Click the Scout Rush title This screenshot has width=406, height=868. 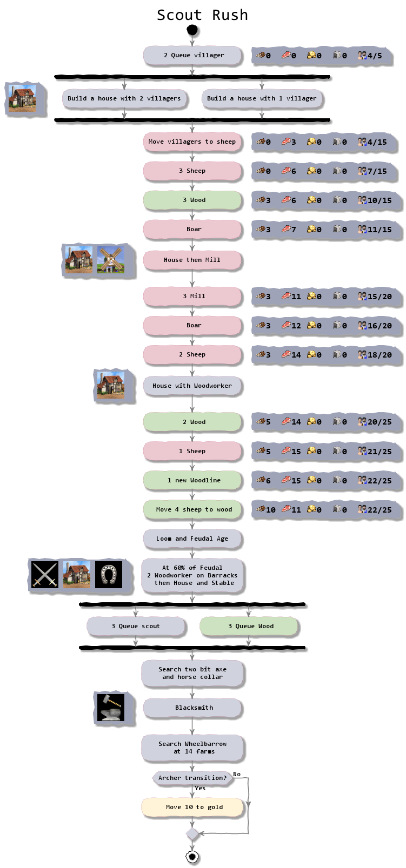click(x=202, y=15)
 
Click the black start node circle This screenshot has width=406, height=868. click(x=192, y=30)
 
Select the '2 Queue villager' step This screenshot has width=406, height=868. click(x=192, y=55)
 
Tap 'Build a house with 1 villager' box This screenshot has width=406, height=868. click(x=262, y=98)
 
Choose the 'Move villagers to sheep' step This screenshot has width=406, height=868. click(x=192, y=142)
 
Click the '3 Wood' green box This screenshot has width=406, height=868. click(x=192, y=200)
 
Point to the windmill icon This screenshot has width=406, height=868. click(x=111, y=260)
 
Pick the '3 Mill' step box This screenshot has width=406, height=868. click(x=192, y=296)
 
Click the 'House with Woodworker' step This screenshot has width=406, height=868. click(x=192, y=386)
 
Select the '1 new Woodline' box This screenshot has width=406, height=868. click(x=192, y=480)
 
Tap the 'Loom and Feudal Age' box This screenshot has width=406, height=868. click(x=192, y=539)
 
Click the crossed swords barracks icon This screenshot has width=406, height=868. click(x=45, y=574)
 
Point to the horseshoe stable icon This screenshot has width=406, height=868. click(x=109, y=574)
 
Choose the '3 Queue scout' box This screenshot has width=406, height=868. click(x=136, y=626)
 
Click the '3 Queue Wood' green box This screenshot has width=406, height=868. click(x=249, y=626)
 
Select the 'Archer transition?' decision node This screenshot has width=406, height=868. click(x=192, y=778)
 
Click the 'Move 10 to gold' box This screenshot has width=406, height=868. click(x=192, y=807)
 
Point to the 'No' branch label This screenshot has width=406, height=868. click(x=237, y=774)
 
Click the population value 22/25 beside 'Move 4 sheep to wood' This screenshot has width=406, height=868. click(x=380, y=510)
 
